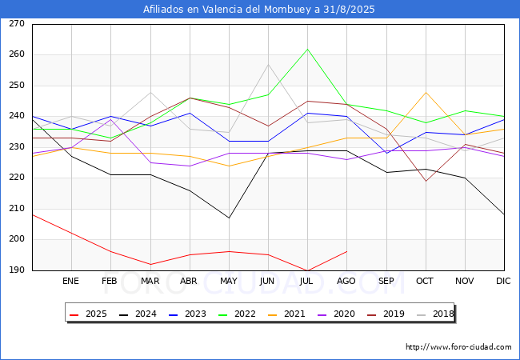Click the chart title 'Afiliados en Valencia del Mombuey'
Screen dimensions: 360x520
pos(259,10)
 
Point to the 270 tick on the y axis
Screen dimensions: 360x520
pos(16,24)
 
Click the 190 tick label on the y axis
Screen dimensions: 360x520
pos(16,270)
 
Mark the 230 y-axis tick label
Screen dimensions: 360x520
pos(16,147)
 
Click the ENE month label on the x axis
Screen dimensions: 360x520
pos(71,282)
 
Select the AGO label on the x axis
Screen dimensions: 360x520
pos(346,282)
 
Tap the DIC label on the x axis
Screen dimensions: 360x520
pos(503,282)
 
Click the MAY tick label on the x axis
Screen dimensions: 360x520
pos(229,282)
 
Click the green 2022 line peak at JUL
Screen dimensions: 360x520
pos(307,49)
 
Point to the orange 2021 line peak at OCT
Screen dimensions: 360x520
pos(426,92)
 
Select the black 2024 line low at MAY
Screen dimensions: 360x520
pos(229,218)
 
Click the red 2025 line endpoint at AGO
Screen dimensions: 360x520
pos(346,252)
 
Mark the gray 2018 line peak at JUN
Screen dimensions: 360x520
pos(268,64)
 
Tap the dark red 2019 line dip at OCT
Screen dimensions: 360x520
pos(426,182)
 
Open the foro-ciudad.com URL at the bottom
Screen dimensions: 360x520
pos(458,347)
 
